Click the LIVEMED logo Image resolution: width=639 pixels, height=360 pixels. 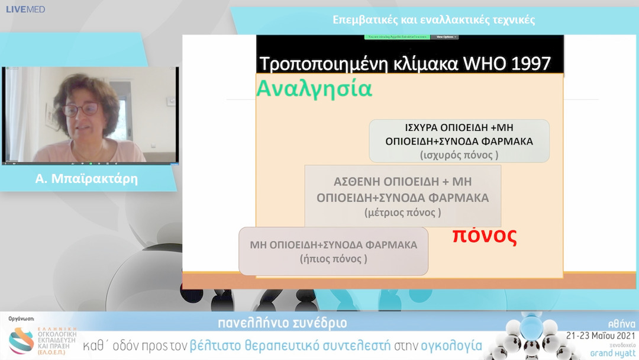[x=25, y=9]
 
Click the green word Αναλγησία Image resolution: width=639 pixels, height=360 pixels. [x=314, y=89]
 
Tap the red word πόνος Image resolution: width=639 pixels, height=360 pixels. [x=485, y=235]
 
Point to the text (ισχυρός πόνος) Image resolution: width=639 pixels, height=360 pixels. [x=459, y=155]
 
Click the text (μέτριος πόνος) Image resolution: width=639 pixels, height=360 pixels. [x=402, y=211]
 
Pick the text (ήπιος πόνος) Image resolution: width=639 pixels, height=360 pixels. [x=333, y=259]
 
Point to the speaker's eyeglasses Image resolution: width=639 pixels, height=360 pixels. [x=82, y=110]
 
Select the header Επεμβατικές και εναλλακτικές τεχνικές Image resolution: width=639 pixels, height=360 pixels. [x=434, y=20]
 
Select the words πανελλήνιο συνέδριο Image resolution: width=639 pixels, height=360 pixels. [x=282, y=323]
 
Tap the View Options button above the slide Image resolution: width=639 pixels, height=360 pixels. [x=447, y=37]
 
